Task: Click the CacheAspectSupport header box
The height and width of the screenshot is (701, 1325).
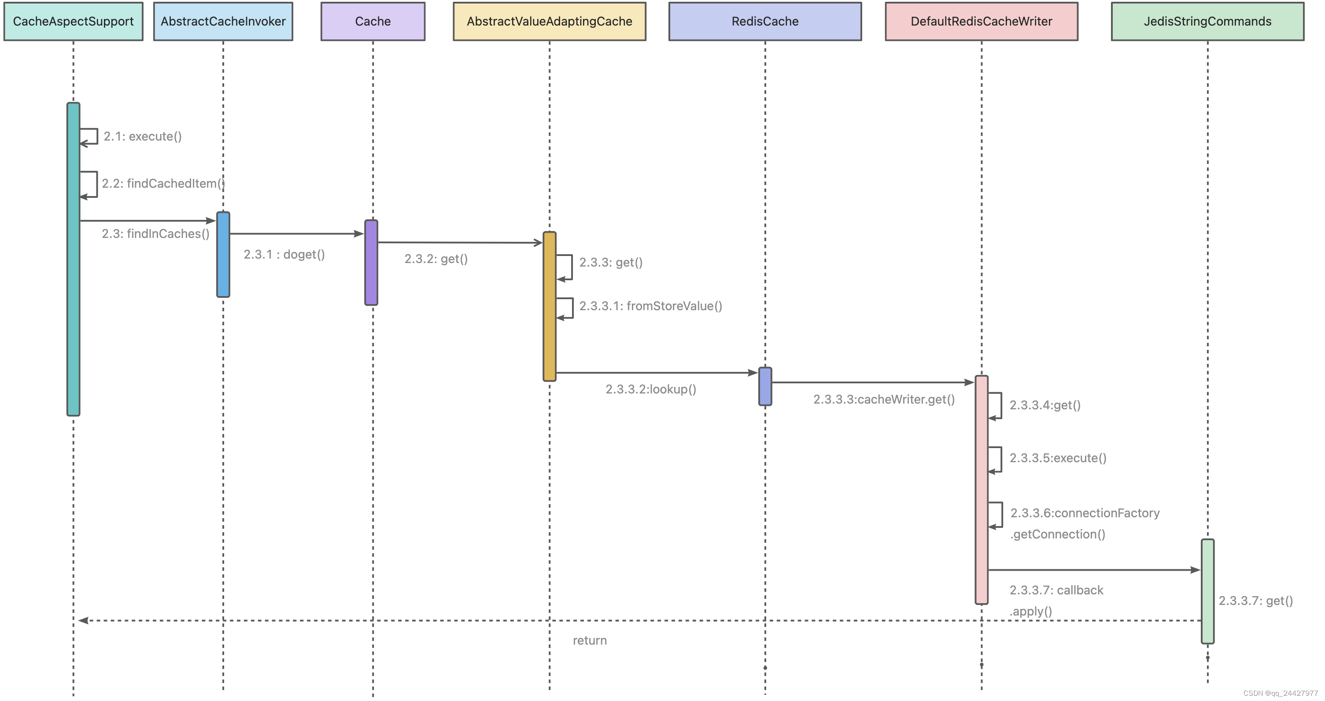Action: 73,21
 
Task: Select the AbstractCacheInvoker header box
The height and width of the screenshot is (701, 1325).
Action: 223,21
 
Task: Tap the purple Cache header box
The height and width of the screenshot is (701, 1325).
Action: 373,21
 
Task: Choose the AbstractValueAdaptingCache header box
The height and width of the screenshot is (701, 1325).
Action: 550,21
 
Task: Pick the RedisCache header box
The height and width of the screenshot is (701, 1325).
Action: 765,21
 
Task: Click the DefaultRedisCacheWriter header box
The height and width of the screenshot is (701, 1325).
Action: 982,21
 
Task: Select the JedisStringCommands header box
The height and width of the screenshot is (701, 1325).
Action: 1207,21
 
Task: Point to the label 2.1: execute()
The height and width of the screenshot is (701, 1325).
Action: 143,137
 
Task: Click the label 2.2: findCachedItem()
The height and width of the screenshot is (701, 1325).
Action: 162,184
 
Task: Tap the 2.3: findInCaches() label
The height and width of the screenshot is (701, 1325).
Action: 155,234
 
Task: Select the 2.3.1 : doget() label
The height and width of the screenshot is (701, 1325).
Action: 284,254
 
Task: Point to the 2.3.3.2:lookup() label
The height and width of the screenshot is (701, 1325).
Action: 651,389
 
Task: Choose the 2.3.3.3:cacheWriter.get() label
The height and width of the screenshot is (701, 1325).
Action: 884,399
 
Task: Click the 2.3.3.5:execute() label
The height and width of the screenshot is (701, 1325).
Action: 1058,458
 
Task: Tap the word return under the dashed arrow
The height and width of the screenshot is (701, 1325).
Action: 590,640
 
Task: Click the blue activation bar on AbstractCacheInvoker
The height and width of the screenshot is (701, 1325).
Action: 223,254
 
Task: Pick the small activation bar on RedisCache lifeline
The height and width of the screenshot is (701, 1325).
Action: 765,386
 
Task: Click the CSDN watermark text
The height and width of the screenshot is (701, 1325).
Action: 1280,693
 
